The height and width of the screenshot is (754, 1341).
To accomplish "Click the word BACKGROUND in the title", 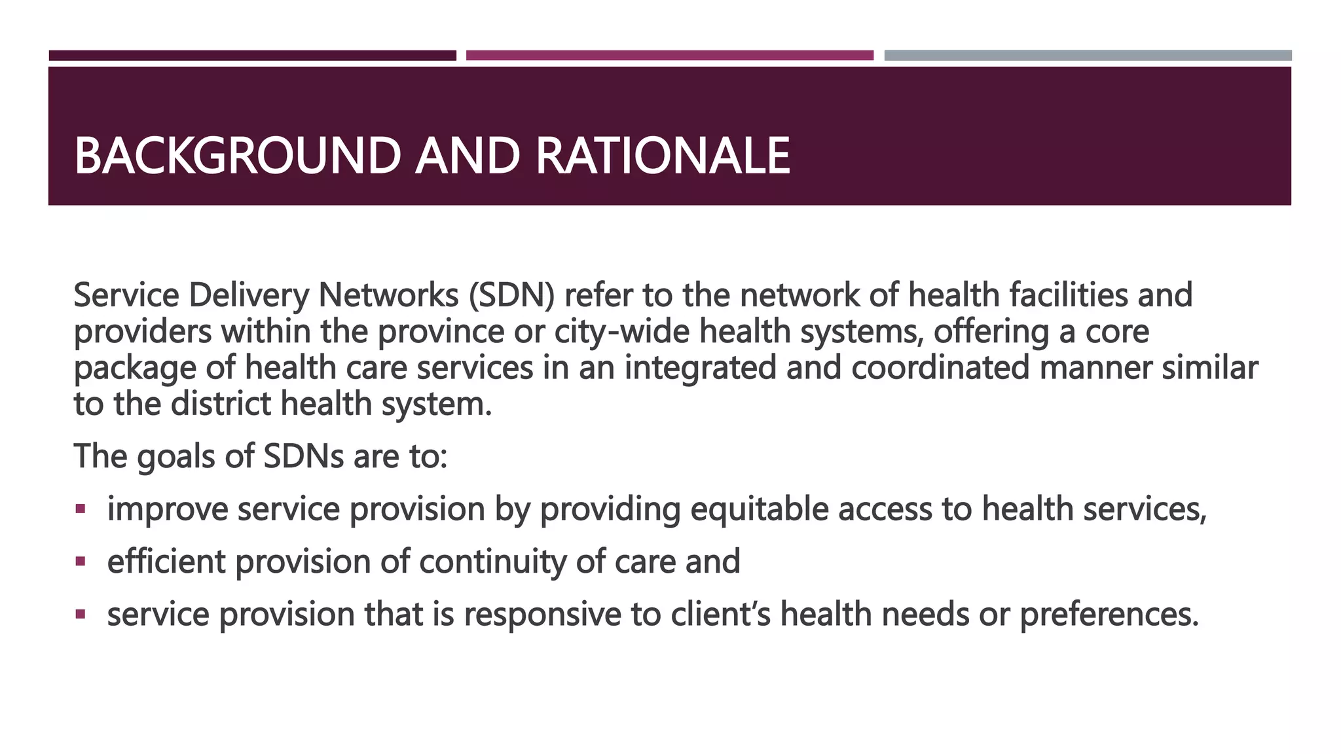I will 237,156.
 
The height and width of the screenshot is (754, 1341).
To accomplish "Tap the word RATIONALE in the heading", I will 663,156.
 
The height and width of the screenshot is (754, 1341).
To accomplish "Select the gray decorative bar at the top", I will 1088,56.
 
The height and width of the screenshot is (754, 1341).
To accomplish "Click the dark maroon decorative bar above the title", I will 252,56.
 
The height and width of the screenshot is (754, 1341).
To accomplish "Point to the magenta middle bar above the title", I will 669,56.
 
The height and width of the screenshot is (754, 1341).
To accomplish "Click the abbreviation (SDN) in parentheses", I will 511,295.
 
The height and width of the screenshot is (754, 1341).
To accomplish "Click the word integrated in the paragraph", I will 700,367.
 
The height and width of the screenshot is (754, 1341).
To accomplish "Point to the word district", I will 221,403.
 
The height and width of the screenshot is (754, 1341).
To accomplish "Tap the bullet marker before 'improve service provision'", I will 81,509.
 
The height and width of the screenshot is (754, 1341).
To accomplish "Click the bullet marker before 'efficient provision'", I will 81,561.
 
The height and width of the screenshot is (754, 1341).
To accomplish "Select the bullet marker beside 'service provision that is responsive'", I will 81,614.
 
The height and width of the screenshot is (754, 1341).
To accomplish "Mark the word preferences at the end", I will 1109,614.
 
